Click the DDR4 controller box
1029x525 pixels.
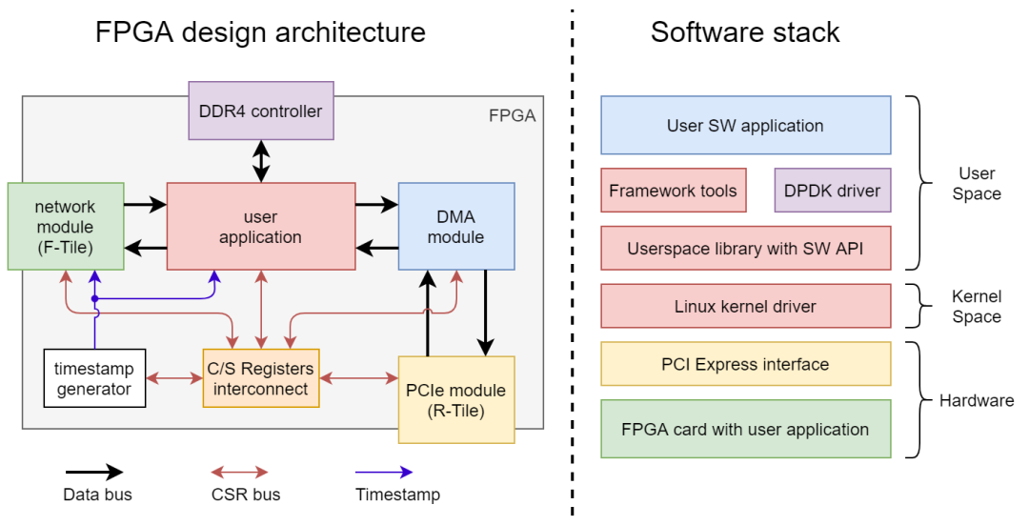[x=260, y=111]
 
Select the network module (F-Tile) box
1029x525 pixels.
[x=65, y=227]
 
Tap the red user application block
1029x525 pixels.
[x=260, y=227]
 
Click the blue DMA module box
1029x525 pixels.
[x=456, y=226]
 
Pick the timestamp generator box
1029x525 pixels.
[x=94, y=378]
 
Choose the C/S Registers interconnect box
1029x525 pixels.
[x=260, y=378]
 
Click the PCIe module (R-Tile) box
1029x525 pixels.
[x=456, y=399]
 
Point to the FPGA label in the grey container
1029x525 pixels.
[x=512, y=116]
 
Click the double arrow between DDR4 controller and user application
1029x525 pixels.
[x=260, y=161]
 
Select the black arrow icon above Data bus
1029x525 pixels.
[x=93, y=472]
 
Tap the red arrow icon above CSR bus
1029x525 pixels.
[x=239, y=472]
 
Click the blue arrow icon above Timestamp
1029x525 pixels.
[x=383, y=472]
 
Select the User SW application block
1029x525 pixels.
[x=745, y=125]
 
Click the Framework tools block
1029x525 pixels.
[x=673, y=191]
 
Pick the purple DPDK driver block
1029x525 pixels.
[x=832, y=191]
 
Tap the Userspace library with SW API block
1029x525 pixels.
[x=745, y=249]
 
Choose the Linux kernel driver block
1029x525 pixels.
[x=745, y=306]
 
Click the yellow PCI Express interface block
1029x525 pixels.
[x=745, y=364]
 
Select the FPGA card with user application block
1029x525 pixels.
[x=745, y=429]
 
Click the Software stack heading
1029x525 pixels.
[x=745, y=32]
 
